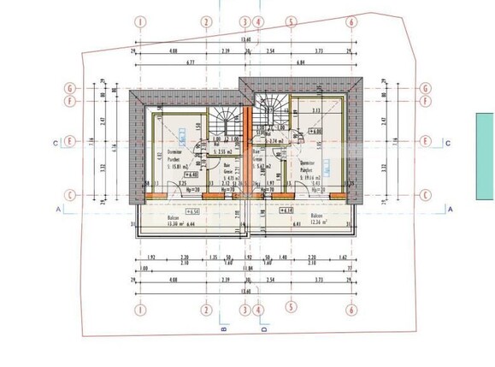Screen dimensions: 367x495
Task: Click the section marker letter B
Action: pos(222,328)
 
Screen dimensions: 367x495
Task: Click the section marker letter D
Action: pos(264,328)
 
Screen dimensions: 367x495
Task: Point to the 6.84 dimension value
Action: pos(300,62)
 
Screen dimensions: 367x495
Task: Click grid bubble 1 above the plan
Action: pos(139,21)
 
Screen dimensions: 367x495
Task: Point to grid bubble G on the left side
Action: pos(73,87)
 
